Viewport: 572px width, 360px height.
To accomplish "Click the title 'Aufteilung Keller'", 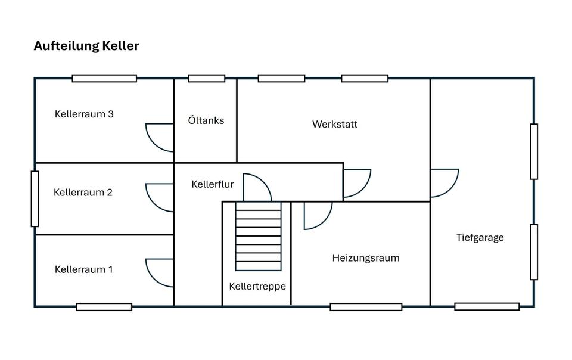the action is point(86,46).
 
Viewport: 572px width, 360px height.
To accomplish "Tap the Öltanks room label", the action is point(206,120).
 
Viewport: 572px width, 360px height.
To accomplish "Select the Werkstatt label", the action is point(335,124).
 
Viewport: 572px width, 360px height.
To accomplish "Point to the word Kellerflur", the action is point(212,184).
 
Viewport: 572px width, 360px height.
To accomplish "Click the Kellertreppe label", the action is point(257,286).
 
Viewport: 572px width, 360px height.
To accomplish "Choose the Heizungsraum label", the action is point(366,258).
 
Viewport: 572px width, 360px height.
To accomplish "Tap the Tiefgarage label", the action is point(480,237).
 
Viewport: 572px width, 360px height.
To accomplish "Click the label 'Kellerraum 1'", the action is point(83,269).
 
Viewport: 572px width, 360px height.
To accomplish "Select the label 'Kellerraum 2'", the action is point(83,193).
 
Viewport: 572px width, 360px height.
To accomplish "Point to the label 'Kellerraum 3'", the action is point(84,114).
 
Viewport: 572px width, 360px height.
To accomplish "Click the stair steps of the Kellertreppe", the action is point(258,237).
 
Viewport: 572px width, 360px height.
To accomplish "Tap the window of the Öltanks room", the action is point(207,79).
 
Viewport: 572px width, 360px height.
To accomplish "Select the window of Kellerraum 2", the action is point(35,199).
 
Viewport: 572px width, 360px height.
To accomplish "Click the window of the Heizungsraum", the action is point(366,307).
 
